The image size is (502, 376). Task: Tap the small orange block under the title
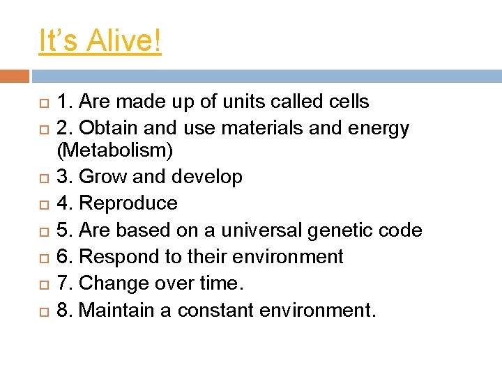(15, 76)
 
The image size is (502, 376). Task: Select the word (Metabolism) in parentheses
(115, 150)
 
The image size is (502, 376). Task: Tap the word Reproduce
(129, 203)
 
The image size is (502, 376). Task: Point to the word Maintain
(117, 310)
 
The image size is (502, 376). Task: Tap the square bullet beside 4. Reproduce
(43, 204)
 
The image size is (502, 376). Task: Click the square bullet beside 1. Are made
(43, 102)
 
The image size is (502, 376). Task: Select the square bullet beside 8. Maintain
(43, 311)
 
